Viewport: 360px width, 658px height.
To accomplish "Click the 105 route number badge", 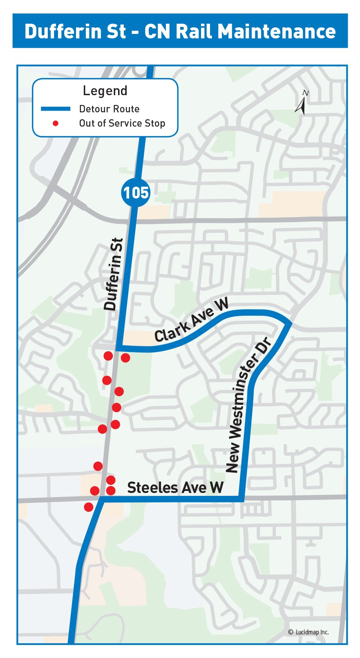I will (136, 192).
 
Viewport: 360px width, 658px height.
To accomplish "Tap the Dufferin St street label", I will (114, 274).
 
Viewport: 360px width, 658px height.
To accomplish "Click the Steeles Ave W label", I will (175, 487).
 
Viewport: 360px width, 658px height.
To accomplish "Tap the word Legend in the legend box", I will (105, 91).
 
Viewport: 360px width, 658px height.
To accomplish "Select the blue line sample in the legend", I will (56, 109).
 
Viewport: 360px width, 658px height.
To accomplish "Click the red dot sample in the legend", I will (56, 123).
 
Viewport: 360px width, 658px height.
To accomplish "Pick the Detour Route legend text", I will (109, 109).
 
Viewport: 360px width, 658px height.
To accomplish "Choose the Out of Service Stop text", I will (122, 123).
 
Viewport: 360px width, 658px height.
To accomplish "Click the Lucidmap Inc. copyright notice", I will (309, 632).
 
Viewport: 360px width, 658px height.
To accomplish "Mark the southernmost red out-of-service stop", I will (89, 507).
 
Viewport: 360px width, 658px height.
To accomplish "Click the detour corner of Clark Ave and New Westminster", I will (290, 323).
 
